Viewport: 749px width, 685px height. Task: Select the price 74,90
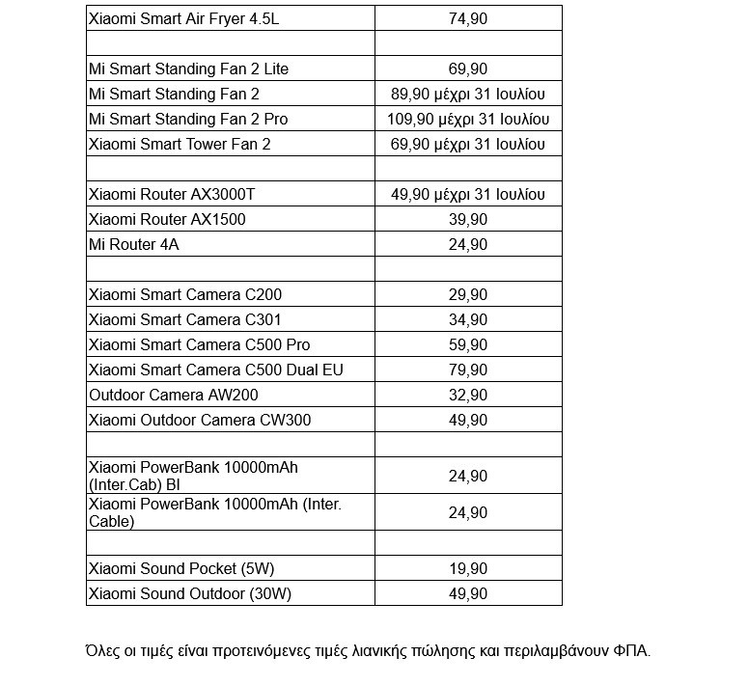pyautogui.click(x=468, y=18)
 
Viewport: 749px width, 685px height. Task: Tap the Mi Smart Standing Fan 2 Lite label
pyautogui.click(x=188, y=68)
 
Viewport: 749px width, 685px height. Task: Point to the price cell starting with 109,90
pyautogui.click(x=468, y=119)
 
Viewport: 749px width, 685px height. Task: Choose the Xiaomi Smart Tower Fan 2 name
pyautogui.click(x=180, y=144)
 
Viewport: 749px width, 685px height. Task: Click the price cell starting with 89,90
pyautogui.click(x=468, y=94)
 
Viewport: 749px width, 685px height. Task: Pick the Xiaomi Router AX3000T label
pyautogui.click(x=172, y=194)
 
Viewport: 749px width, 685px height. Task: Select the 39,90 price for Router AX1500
pyautogui.click(x=468, y=219)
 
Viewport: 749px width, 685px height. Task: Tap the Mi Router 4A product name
pyautogui.click(x=133, y=244)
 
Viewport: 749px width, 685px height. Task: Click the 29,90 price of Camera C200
pyautogui.click(x=468, y=294)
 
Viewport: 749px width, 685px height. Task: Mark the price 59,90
pyautogui.click(x=468, y=344)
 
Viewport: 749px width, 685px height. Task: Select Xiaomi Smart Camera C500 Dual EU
pyautogui.click(x=215, y=370)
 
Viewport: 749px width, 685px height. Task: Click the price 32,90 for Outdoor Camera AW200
pyautogui.click(x=468, y=395)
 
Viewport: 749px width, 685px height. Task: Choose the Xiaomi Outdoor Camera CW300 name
pyautogui.click(x=200, y=420)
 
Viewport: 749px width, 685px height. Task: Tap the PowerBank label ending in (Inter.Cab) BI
pyautogui.click(x=193, y=476)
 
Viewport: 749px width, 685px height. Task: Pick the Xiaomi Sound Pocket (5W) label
pyautogui.click(x=188, y=568)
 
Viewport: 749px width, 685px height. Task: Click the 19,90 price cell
pyautogui.click(x=468, y=568)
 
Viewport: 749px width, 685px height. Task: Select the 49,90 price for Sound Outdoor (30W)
pyautogui.click(x=468, y=593)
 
